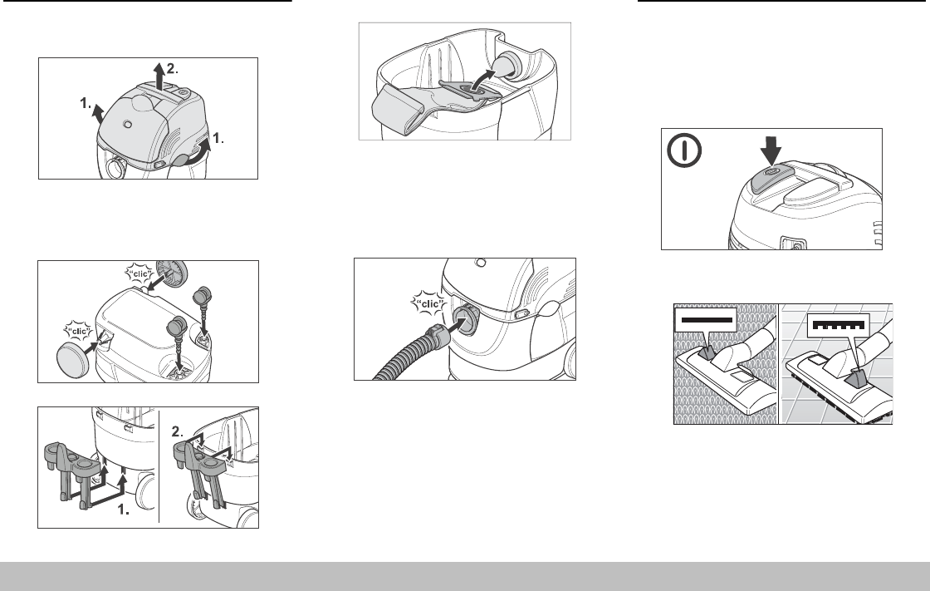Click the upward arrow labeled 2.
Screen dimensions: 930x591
(x=159, y=75)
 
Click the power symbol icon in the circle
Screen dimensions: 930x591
(x=684, y=150)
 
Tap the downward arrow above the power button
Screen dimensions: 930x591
(x=771, y=151)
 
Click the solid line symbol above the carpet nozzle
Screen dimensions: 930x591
(x=707, y=319)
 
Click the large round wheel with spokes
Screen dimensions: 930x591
(x=171, y=273)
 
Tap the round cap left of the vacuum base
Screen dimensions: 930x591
(x=73, y=356)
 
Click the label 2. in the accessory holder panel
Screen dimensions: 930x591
(x=178, y=431)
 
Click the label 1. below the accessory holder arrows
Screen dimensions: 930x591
(x=124, y=509)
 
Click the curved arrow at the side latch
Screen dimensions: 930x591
(x=196, y=151)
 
